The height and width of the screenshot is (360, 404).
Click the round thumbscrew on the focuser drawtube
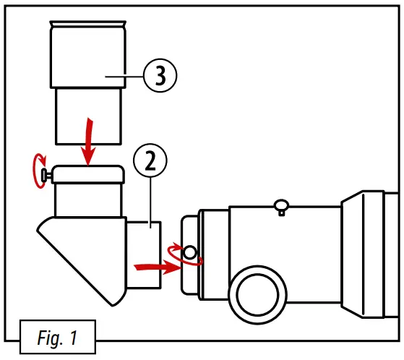189,252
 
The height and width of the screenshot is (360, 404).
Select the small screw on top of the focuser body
281,207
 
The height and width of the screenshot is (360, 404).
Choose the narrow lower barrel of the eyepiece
88,112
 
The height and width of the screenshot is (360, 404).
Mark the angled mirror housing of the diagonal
79,253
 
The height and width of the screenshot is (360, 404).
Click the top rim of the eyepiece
88,26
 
